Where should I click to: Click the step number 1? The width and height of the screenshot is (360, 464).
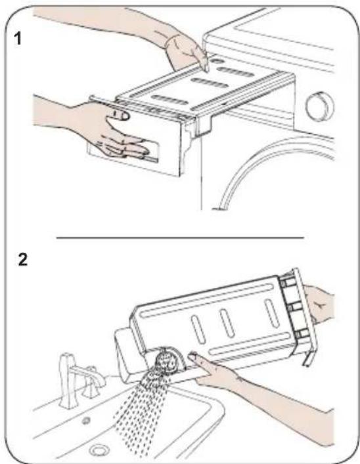pos(18,39)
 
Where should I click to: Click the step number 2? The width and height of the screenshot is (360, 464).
pos(22,259)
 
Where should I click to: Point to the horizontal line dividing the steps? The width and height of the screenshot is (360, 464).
pos(180,238)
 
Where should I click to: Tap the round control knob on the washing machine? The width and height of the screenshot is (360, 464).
pos(319,106)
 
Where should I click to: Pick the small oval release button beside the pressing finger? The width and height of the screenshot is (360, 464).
pos(218,61)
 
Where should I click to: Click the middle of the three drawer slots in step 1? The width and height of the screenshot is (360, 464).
pos(210,83)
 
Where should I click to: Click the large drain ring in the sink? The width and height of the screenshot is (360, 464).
pos(99,450)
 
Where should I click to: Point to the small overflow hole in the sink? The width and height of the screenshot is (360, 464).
pos(86,420)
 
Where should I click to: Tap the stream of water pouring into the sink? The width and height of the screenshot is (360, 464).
pos(139,414)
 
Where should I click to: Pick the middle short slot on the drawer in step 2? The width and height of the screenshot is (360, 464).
pos(227,322)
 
